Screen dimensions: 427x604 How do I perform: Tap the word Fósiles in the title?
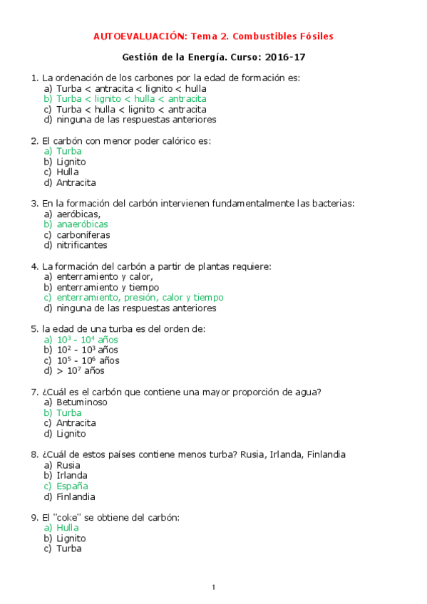(314, 36)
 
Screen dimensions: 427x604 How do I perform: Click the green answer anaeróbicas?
(82, 224)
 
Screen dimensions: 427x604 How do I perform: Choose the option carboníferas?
(83, 235)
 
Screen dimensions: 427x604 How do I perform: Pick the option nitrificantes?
(81, 246)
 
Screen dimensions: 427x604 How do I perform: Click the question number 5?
(34, 329)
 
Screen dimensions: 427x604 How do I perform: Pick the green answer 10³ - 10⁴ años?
(87, 340)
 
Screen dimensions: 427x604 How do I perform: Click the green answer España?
(73, 486)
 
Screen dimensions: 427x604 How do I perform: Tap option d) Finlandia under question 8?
(76, 497)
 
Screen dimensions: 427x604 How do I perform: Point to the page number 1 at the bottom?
(213, 588)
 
